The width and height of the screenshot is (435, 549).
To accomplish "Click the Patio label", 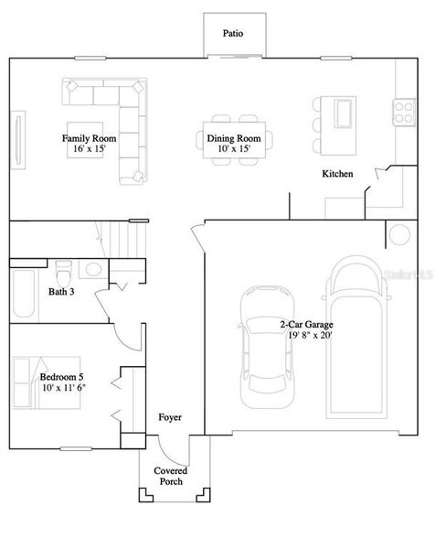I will tap(233, 34).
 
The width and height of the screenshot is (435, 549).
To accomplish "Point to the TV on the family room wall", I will tap(18, 138).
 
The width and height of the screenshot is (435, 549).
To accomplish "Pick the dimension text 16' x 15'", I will tap(85, 148).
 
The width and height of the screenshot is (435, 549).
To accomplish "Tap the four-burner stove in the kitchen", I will tap(404, 113).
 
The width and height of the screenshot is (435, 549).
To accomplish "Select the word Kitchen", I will tap(336, 174).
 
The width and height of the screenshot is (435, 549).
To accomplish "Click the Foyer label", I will tap(169, 417).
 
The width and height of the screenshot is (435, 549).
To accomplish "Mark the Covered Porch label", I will tap(170, 476).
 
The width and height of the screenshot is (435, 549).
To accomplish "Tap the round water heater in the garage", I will tap(400, 235).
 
